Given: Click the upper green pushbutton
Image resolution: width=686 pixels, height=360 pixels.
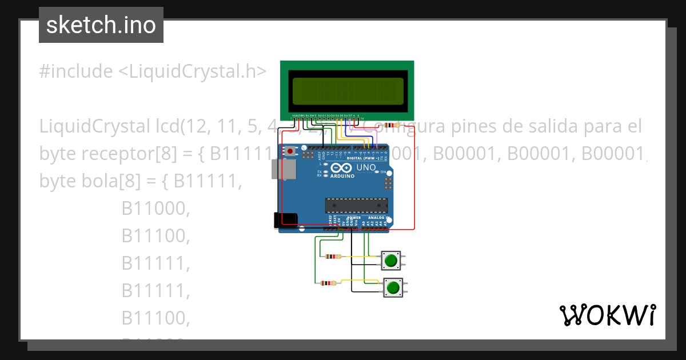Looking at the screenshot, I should coord(391,261).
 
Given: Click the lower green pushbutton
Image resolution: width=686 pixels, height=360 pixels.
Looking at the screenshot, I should coord(392,287).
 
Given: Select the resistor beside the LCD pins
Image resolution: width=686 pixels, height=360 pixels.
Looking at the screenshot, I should coord(393,125).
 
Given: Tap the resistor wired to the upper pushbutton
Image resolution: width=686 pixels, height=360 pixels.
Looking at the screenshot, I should coord(333,257).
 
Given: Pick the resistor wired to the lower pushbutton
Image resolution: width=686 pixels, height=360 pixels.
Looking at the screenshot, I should coord(329,283).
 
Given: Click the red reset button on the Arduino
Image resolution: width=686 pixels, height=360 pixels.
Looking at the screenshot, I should coord(290,151).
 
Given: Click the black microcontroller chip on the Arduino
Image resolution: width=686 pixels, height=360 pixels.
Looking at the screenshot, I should coord(356,205).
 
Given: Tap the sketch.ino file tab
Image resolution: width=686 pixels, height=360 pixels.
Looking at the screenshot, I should coord(101,25).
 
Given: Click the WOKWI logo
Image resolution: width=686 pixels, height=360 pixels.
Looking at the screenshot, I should coord(607,315).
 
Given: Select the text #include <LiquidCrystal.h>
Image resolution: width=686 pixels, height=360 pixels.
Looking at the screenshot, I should coord(153,71).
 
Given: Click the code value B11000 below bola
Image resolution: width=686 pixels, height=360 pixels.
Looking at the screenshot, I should coord(155,209).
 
